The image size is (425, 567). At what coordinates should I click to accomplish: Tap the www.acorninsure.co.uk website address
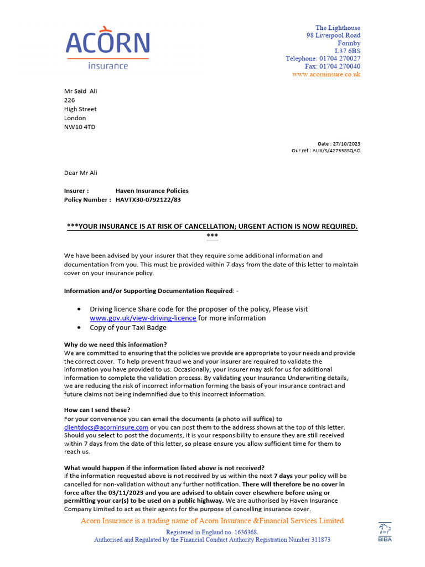tap(326, 74)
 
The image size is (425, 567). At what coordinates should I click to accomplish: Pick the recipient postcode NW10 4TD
tap(80, 127)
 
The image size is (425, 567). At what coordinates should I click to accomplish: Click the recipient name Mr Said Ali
tap(80, 91)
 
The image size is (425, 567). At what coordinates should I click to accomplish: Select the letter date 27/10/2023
tap(348, 143)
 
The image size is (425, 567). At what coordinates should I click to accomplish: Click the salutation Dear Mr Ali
tap(80, 173)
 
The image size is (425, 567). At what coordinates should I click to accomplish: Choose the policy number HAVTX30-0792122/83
tap(148, 200)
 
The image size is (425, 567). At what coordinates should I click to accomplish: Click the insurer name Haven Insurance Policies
tap(152, 190)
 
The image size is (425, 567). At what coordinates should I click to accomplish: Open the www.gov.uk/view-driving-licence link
tap(143, 318)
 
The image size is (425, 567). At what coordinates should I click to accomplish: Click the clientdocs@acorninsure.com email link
tap(106, 427)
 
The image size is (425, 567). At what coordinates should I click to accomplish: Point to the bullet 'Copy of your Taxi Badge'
tap(128, 327)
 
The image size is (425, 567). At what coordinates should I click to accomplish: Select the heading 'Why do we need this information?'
tap(115, 344)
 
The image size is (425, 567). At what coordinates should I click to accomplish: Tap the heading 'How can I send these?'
tap(97, 410)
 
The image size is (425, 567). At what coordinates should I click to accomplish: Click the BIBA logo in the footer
tap(385, 532)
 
